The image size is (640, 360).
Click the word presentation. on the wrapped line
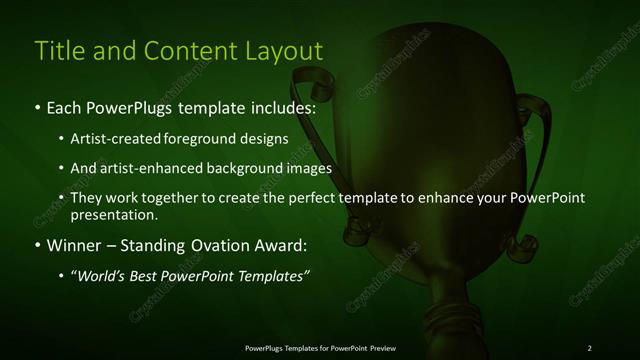[x=114, y=214]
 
